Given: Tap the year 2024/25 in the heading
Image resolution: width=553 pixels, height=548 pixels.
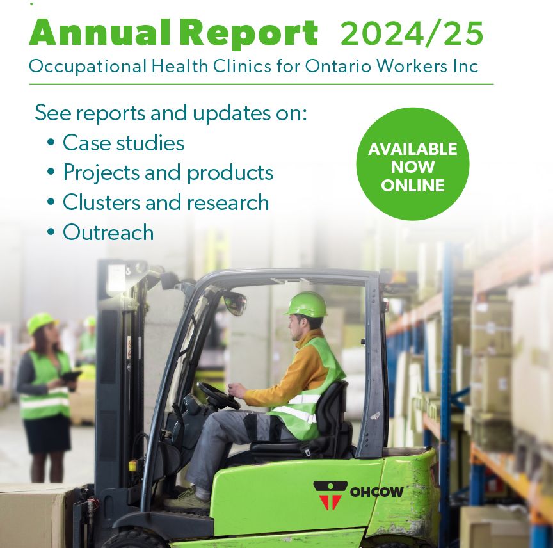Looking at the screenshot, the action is [x=412, y=34].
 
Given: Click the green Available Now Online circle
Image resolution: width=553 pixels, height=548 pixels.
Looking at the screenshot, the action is [x=413, y=164].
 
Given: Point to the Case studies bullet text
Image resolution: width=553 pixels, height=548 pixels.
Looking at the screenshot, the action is [x=124, y=143].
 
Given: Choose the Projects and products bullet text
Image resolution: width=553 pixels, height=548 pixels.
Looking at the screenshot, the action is [x=168, y=173].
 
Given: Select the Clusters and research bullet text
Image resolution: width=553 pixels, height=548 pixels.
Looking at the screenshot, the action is [x=166, y=202].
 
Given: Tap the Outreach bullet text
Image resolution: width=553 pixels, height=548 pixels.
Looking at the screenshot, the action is [x=108, y=232].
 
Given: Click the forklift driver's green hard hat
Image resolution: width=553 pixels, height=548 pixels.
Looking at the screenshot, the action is [x=306, y=304].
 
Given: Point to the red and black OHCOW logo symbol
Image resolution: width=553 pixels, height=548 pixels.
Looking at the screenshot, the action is [x=330, y=495].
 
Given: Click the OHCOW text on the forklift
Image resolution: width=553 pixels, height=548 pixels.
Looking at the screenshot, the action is [x=376, y=492].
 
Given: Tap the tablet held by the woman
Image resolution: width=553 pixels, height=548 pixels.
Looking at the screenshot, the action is [x=70, y=376].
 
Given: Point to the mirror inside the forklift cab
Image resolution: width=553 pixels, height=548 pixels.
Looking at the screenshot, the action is [x=235, y=303].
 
